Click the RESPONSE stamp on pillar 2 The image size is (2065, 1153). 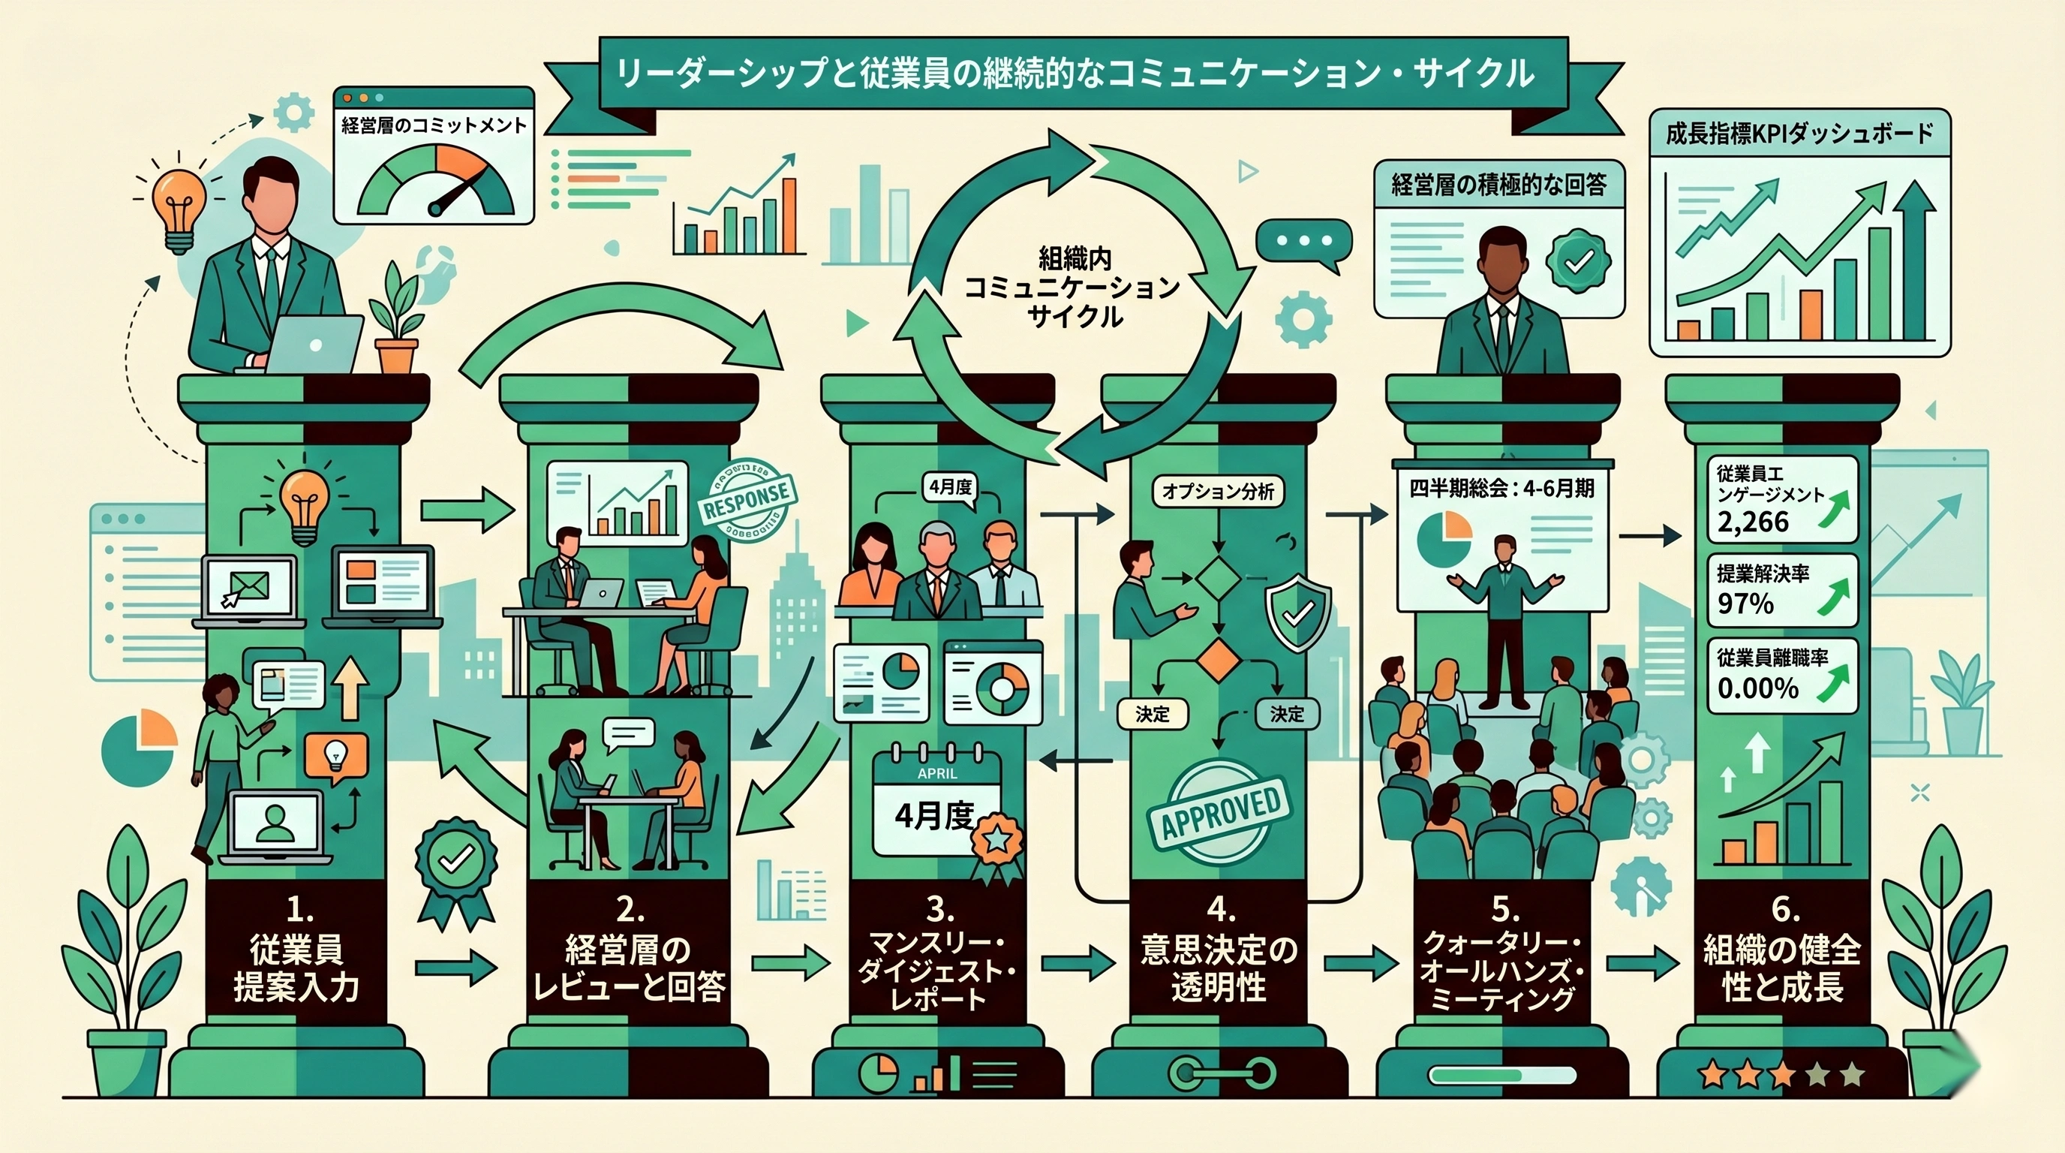pos(746,498)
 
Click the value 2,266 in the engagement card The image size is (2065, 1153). pos(1753,522)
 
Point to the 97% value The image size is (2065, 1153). pos(1745,603)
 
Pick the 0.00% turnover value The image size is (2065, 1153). pos(1758,688)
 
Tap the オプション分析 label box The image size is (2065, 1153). pos(1218,492)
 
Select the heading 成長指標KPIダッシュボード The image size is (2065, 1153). pos(1799,134)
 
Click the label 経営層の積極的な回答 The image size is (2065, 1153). pos(1498,185)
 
